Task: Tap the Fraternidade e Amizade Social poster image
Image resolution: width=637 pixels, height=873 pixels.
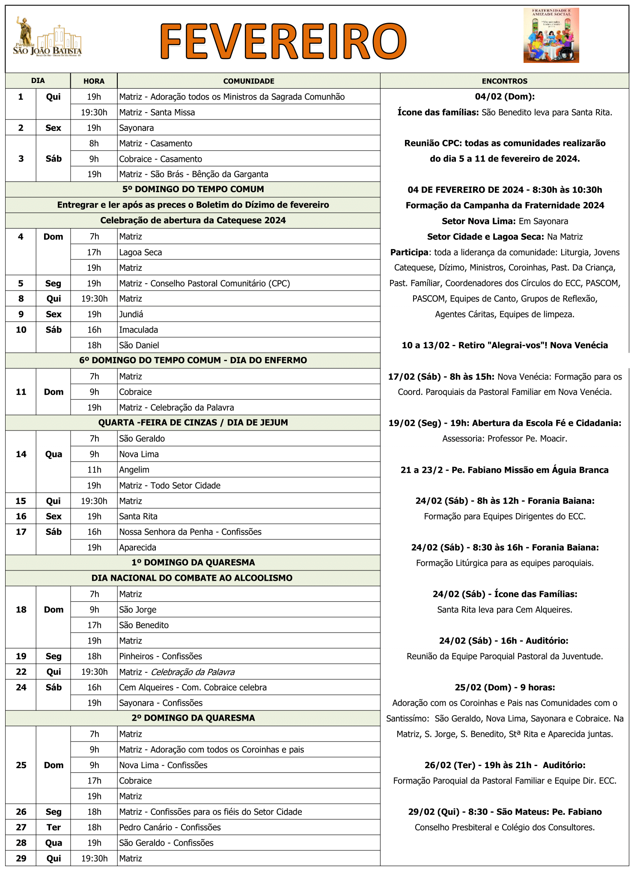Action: click(x=551, y=36)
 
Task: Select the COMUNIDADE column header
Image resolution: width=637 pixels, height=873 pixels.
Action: click(x=249, y=81)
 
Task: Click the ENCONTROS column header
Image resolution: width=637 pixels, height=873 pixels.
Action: click(x=504, y=81)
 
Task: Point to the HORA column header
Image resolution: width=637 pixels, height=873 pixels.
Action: click(x=94, y=81)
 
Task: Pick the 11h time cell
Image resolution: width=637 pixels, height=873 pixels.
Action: click(x=94, y=469)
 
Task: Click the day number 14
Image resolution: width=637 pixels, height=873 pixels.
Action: click(x=21, y=454)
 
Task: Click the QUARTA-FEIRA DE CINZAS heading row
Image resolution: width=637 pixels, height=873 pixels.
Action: click(x=193, y=422)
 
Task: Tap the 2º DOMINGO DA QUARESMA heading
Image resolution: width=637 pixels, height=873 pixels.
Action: click(x=193, y=718)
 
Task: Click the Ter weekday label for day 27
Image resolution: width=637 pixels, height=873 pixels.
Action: click(x=54, y=827)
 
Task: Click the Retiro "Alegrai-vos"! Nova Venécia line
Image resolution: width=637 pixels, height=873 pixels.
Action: click(x=504, y=345)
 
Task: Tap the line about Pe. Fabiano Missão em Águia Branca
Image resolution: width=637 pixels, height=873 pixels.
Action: click(x=504, y=470)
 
